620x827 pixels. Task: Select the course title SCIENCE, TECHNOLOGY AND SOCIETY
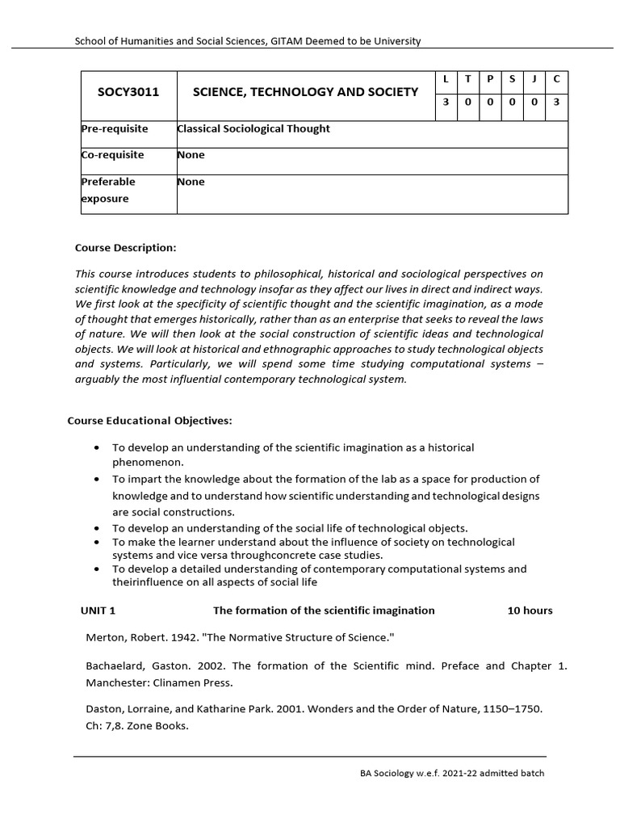click(305, 92)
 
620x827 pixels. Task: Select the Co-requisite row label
click(112, 154)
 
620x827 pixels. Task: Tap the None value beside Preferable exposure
click(191, 182)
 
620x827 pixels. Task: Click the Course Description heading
click(125, 247)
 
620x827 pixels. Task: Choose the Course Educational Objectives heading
click(149, 421)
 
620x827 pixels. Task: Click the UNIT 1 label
click(98, 611)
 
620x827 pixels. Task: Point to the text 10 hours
click(530, 611)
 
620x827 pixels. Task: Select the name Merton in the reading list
click(105, 638)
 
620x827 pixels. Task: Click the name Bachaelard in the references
click(116, 666)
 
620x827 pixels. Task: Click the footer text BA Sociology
click(390, 774)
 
